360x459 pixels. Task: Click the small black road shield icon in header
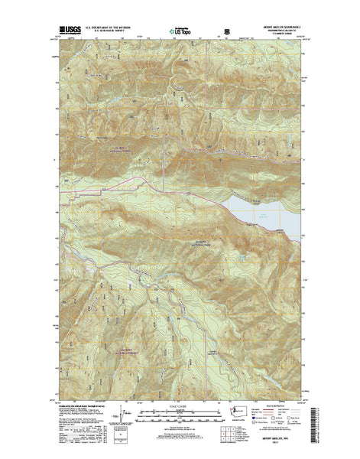[225, 32]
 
